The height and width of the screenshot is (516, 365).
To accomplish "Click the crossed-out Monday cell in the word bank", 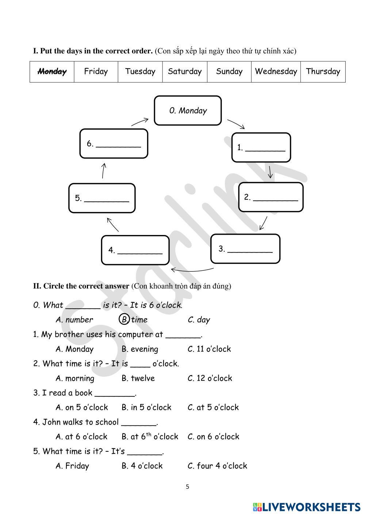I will coord(52,72).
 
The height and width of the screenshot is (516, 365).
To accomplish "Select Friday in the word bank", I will coord(96,72).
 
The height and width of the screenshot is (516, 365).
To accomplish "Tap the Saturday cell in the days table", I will coord(185,72).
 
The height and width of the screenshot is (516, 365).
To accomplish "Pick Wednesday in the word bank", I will coord(276,72).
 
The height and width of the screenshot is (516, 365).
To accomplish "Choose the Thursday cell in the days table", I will coord(323,72).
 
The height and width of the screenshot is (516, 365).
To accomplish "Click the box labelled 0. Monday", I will coord(188,111).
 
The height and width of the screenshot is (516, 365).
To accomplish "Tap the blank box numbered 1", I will coord(261,147).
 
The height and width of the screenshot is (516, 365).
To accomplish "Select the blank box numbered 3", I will coord(245,249).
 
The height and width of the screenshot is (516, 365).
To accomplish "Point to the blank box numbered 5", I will coord(102,198).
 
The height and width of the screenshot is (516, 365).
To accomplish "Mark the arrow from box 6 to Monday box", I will coord(140,122).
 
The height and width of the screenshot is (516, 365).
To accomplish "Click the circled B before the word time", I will coord(124,320).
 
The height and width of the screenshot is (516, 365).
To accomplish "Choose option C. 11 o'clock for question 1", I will coord(209,349).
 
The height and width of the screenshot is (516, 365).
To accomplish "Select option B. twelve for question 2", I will coord(138,378).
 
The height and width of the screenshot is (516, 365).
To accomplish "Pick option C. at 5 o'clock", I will coord(213,408).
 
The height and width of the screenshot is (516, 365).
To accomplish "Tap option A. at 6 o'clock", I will coord(81,437).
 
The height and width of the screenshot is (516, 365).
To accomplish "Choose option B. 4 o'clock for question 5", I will coord(142,466).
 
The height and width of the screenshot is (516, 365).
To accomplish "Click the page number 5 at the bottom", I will coord(188,486).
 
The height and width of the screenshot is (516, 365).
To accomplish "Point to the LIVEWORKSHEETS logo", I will coord(307,507).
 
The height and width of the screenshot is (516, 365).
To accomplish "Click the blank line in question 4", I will coord(139,423).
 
